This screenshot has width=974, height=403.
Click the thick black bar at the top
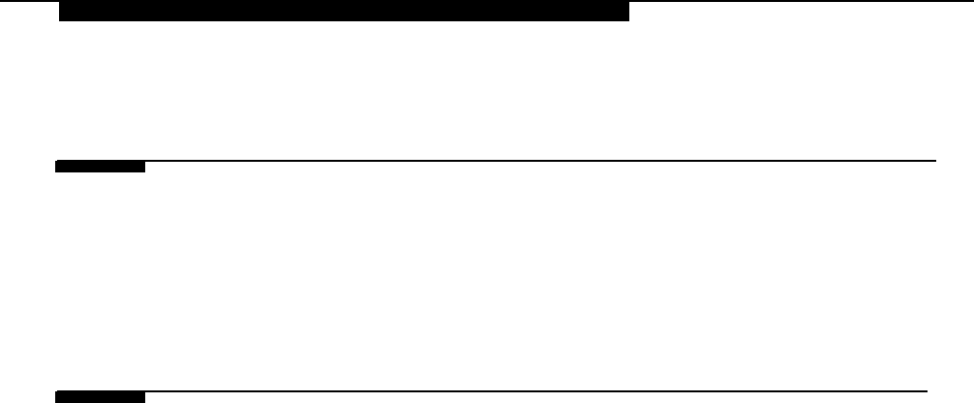click(x=344, y=12)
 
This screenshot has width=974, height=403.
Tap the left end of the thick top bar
click(x=61, y=12)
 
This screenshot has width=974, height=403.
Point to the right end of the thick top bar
click(x=627, y=12)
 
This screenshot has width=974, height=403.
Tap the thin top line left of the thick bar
click(x=29, y=2)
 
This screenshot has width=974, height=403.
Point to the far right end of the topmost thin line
click(x=971, y=2)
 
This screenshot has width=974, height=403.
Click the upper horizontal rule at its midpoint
click(x=496, y=161)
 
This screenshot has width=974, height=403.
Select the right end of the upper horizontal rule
click(x=935, y=160)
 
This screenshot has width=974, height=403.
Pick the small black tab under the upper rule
click(x=100, y=167)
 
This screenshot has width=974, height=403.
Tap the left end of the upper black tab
click(x=57, y=167)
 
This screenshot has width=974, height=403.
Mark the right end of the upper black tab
click(x=143, y=167)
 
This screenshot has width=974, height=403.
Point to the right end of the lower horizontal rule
click(x=927, y=391)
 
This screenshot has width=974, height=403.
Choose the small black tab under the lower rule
click(x=100, y=397)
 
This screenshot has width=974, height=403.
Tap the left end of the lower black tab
click(x=57, y=397)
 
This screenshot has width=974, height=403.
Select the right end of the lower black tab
click(x=143, y=397)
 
